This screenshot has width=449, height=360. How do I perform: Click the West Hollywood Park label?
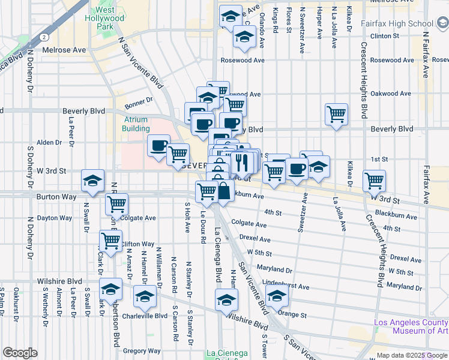pyautogui.click(x=109, y=19)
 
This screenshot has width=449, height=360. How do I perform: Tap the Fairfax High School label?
pyautogui.click(x=397, y=23)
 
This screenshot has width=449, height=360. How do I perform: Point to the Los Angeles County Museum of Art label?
pyautogui.click(x=411, y=326)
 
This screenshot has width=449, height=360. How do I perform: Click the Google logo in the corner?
pyautogui.click(x=20, y=353)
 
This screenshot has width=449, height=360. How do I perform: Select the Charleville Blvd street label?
pyautogui.click(x=144, y=316)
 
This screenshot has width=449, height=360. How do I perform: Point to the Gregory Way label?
pyautogui.click(x=141, y=351)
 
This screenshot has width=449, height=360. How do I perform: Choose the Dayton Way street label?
pyautogui.click(x=55, y=218)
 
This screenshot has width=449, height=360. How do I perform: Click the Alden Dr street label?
pyautogui.click(x=49, y=142)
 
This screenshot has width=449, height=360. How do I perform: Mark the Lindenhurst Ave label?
pyautogui.click(x=286, y=286)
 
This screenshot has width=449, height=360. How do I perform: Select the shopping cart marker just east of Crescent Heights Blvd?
pyautogui.click(x=374, y=179)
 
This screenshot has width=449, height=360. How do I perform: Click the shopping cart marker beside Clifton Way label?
pyautogui.click(x=110, y=241)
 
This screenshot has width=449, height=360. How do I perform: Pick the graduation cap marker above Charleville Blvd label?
pyautogui.click(x=144, y=296)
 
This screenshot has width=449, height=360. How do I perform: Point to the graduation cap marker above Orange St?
pyautogui.click(x=277, y=296)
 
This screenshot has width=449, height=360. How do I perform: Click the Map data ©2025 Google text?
pyautogui.click(x=412, y=355)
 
